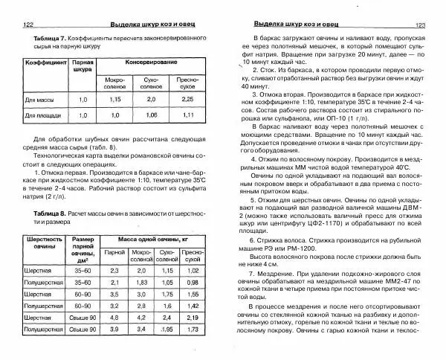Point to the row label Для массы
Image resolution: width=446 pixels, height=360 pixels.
38,98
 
